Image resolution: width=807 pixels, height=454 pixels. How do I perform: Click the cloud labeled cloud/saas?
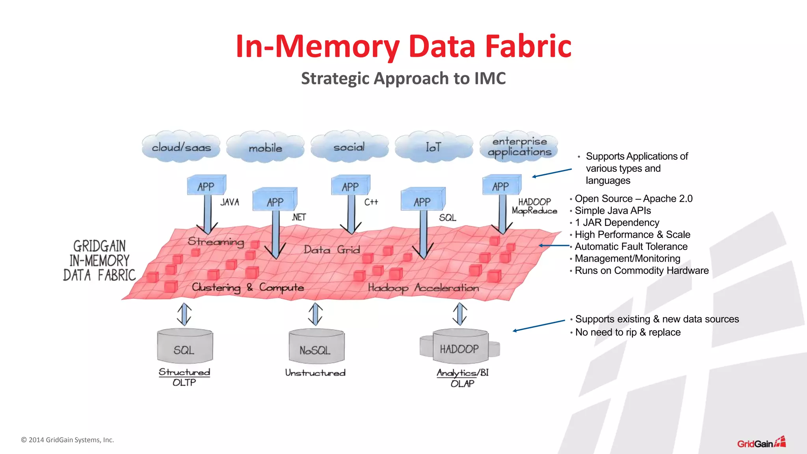click(181, 147)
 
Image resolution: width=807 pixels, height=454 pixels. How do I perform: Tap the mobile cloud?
click(265, 148)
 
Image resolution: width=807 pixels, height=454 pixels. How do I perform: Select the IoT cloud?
click(433, 147)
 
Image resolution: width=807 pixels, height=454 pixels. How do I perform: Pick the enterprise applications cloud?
click(519, 147)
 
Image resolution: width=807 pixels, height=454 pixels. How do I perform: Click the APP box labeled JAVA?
click(206, 186)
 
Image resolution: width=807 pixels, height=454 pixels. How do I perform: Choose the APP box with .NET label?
click(275, 201)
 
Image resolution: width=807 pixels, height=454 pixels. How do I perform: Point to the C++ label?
click(371, 202)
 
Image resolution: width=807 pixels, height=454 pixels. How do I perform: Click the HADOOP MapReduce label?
click(534, 207)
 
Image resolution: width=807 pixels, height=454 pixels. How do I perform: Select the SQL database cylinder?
click(184, 347)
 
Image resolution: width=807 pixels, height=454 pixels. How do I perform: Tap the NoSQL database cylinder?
click(316, 347)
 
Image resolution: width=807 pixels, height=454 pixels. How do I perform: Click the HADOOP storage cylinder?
click(460, 347)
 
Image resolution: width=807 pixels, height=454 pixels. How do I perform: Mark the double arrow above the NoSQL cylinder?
click(315, 314)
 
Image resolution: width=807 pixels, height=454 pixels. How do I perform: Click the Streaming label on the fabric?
click(216, 242)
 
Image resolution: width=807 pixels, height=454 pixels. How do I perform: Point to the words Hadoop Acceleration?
click(423, 288)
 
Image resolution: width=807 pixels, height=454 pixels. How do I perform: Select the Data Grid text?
click(331, 250)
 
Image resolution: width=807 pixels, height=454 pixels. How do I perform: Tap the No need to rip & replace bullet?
click(628, 332)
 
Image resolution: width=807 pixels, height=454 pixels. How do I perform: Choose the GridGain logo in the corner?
click(761, 443)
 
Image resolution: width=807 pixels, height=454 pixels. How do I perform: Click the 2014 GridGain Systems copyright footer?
click(67, 440)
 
